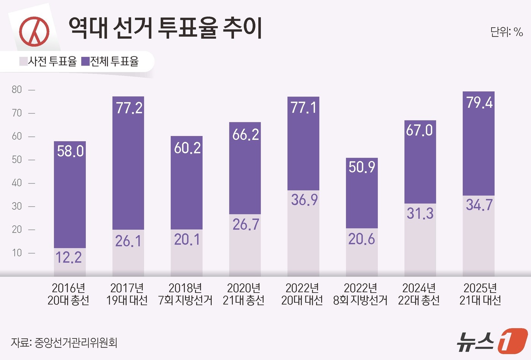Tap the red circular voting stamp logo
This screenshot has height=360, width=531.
tap(35, 31)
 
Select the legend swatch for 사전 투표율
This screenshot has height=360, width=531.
tap(24, 61)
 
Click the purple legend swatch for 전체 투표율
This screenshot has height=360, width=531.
tap(85, 61)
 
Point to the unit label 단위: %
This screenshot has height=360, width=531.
tap(506, 32)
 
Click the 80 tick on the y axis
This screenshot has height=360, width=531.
tap(17, 90)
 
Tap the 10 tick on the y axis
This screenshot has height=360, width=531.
tap(17, 253)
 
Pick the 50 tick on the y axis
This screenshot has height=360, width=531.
tap(17, 160)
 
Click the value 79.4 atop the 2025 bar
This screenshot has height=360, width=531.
tap(479, 103)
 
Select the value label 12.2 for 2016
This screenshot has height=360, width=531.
tap(69, 258)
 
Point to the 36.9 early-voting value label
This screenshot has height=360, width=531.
tap(304, 200)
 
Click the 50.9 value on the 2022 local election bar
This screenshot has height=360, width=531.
tap(362, 167)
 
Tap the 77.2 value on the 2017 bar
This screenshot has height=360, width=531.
tap(129, 108)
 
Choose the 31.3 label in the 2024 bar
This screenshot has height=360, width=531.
tap(420, 213)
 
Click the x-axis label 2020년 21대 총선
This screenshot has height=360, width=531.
tap(244, 294)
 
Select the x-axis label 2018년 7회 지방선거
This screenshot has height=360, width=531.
tap(185, 294)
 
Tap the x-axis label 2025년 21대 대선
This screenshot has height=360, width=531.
tap(480, 294)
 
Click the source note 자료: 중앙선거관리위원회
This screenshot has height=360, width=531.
tap(64, 343)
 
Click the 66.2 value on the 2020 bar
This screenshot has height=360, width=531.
tap(245, 135)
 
